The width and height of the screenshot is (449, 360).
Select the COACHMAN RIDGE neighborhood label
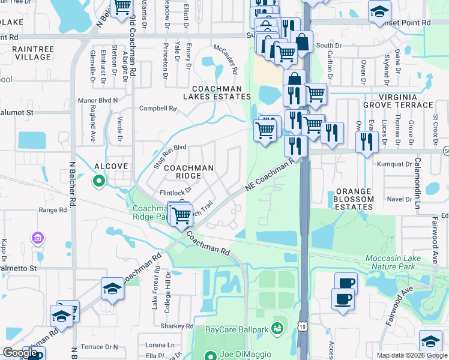pos(189,172)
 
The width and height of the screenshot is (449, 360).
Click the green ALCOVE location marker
pos(98,179)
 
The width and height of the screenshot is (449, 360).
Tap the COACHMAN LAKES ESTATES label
pos(217,92)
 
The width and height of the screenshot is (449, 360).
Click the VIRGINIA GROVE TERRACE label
pos(405,100)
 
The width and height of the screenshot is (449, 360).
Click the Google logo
pos(20,353)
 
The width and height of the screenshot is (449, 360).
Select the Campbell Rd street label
pos(158,109)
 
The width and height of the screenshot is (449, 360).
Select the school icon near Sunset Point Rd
pos(379,11)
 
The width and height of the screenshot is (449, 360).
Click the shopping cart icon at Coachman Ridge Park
pos(181,215)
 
